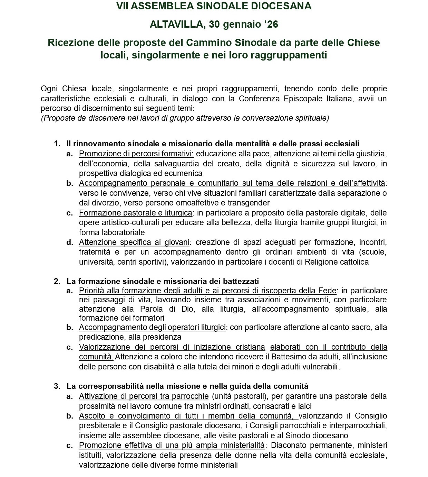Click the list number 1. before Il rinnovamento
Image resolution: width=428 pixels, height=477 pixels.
(57, 144)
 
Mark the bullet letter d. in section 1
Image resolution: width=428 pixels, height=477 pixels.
(70, 242)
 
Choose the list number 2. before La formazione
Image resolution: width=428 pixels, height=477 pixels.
(57, 281)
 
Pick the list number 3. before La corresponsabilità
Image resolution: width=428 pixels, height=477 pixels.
(57, 386)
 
